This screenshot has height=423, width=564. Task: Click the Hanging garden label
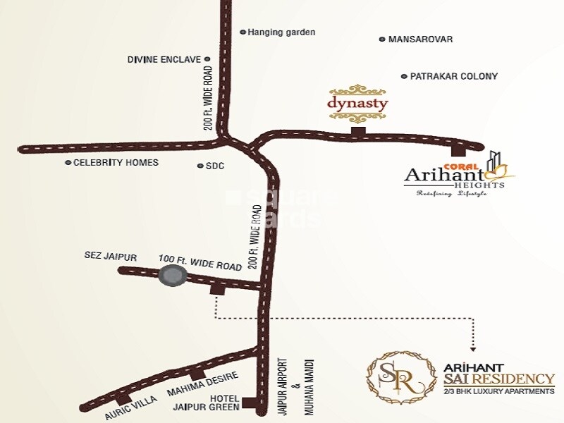click(x=281, y=32)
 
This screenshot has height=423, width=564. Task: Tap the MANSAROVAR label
click(x=420, y=39)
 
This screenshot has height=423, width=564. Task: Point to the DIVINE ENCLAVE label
click(x=164, y=60)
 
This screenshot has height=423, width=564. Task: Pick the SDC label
click(x=214, y=166)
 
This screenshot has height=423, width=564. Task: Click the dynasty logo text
click(x=357, y=103)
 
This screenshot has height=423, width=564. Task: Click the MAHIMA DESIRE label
click(x=203, y=384)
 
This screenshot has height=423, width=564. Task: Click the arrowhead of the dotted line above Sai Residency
click(x=472, y=348)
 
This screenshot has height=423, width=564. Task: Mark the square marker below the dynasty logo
click(x=358, y=131)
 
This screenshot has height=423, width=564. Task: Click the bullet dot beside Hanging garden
click(x=243, y=32)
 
